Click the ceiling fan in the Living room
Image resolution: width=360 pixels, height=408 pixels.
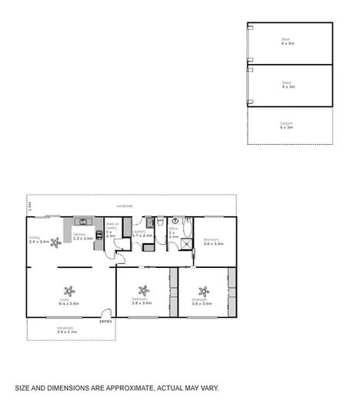coord(69,291)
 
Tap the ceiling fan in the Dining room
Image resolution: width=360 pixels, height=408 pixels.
coord(55,242)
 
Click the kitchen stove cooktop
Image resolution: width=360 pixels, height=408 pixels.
coord(98,235)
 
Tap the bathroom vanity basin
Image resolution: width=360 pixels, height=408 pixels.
coord(175,221)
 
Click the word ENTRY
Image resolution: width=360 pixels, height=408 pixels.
coord(105,321)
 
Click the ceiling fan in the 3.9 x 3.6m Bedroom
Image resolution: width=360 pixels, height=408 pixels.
coord(142,290)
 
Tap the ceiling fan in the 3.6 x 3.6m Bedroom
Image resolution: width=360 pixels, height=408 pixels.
coord(203,291)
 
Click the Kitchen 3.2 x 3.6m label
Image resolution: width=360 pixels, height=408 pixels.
coord(82,236)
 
